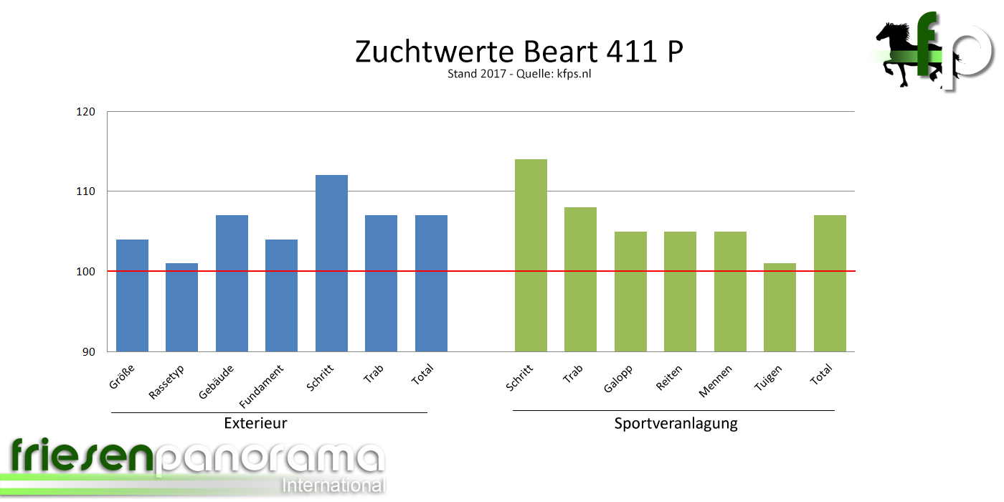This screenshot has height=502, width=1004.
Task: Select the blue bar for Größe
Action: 132,295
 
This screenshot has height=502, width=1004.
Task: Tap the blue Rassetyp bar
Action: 181,307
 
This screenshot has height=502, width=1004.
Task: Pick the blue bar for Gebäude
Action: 232,283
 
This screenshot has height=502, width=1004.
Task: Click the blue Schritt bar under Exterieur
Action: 331,262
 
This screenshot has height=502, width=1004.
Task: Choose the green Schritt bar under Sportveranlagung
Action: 531,255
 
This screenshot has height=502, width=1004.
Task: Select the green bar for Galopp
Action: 630,291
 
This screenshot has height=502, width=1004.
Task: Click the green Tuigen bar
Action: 780,307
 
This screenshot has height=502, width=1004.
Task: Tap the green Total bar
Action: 830,283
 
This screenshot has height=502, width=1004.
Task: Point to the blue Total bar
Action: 431,283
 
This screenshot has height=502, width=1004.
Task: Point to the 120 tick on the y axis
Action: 86,112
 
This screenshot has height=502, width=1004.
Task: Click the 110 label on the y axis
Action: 86,191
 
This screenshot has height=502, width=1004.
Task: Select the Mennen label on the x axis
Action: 715,383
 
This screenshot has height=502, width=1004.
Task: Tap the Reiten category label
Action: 669,378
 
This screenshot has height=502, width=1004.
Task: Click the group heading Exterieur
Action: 255,423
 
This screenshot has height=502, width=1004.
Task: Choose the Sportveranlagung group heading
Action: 676,423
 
